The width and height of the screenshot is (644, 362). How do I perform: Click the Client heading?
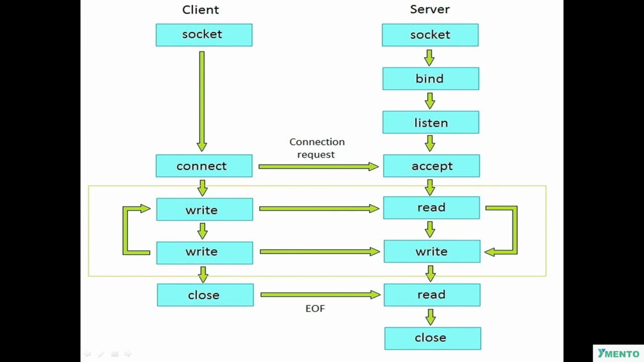[200, 10]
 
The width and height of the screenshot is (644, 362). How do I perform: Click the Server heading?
[430, 9]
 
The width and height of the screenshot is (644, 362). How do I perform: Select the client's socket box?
[204, 35]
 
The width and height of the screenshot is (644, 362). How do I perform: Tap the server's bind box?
[430, 78]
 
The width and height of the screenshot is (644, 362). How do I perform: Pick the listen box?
[431, 123]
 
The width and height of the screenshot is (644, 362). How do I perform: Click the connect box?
[204, 166]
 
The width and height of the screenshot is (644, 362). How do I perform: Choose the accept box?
[431, 166]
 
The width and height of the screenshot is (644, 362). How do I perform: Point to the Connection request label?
[316, 148]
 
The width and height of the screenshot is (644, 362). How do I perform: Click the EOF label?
[315, 309]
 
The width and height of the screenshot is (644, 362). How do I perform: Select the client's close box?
[205, 295]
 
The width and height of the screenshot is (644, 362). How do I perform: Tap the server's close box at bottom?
[432, 338]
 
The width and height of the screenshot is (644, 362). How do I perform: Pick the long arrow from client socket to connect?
[202, 101]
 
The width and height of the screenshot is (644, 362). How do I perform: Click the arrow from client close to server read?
[320, 295]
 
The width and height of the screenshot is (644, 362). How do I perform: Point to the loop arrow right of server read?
[514, 230]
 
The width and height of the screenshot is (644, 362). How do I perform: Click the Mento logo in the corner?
[618, 353]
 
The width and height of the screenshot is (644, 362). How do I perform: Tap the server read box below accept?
[431, 208]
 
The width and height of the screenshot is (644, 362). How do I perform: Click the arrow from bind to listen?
[430, 101]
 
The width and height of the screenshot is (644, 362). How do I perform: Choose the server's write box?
[432, 251]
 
